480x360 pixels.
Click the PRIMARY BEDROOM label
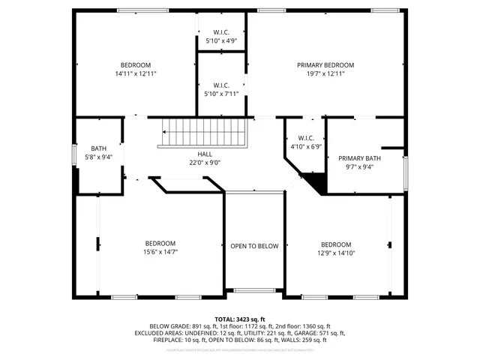point(325,65)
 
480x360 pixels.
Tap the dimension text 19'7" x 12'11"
point(325,73)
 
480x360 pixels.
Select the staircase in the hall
point(202,135)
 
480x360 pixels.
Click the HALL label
point(205,154)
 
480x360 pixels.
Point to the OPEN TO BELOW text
point(254,246)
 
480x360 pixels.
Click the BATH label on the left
point(98,148)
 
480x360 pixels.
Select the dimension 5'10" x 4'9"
point(220,40)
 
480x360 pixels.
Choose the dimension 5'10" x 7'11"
point(220,94)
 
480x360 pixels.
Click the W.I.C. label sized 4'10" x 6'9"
point(305,138)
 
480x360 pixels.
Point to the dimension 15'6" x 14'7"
point(160,252)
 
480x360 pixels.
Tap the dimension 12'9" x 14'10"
point(335,253)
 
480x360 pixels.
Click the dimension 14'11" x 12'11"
point(136,73)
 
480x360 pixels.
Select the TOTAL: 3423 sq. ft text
point(240,319)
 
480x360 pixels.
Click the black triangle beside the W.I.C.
point(316,182)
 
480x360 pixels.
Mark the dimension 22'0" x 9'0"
point(205,162)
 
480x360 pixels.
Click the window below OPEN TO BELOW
point(254,290)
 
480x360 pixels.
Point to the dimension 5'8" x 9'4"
point(98,157)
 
